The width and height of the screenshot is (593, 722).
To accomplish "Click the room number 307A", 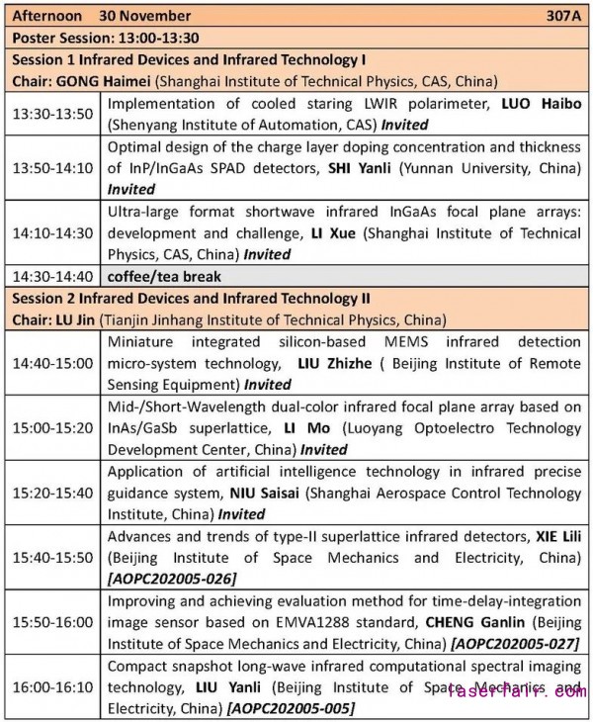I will (563, 16).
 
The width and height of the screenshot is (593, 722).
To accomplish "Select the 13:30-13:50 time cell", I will (53, 114).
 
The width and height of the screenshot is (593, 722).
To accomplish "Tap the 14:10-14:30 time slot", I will (53, 231).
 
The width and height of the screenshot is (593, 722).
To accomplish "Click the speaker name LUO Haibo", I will (542, 103).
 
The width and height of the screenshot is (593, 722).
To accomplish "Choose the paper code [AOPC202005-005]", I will (291, 708).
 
